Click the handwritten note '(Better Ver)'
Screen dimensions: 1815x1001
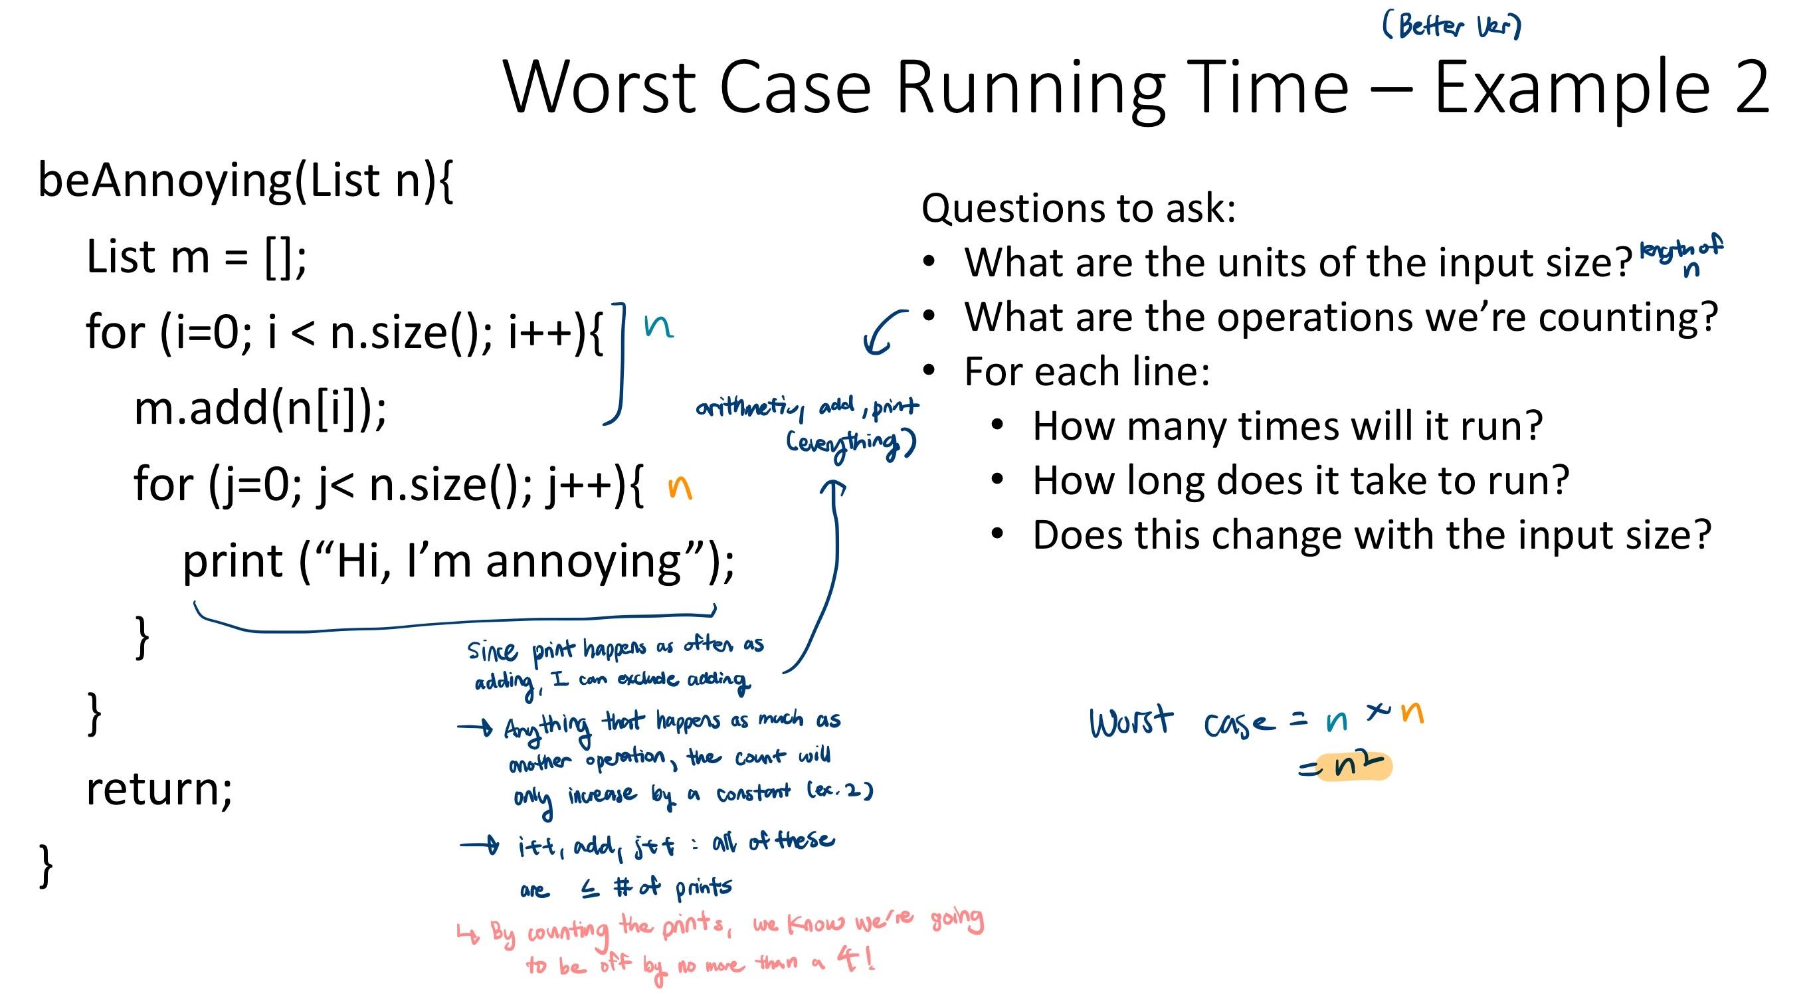pos(1452,26)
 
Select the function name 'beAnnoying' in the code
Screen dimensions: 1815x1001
pos(164,182)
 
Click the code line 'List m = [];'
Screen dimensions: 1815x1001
pos(197,257)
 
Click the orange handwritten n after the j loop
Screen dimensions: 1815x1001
pos(680,487)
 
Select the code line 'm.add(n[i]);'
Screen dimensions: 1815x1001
pos(260,409)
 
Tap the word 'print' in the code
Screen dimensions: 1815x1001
pos(233,562)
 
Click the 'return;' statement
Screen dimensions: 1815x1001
pos(159,789)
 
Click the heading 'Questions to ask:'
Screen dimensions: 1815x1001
pos(1079,209)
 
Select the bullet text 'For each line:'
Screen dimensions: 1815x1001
pos(1087,371)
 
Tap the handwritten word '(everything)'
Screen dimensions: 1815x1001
pos(851,444)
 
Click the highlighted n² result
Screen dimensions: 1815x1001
pos(1353,766)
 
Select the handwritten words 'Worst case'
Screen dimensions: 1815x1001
pos(1183,721)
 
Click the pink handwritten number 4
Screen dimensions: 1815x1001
pos(848,958)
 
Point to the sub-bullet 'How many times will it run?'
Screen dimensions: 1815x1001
pos(1288,426)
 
